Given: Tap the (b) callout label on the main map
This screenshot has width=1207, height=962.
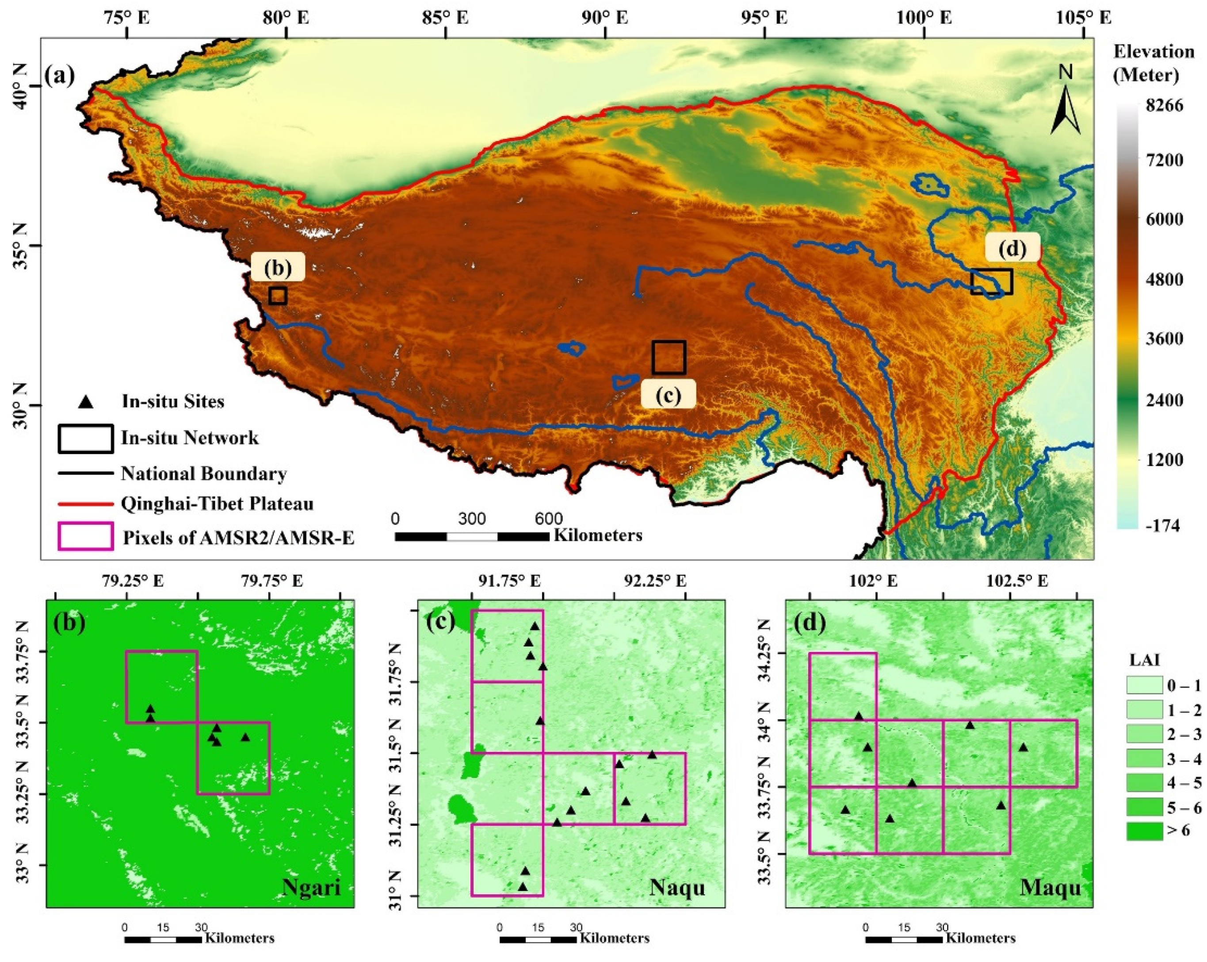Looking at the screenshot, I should tap(278, 268).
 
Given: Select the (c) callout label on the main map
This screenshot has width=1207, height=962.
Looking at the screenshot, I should tap(668, 394).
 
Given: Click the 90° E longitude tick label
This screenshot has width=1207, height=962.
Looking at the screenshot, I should tap(605, 18).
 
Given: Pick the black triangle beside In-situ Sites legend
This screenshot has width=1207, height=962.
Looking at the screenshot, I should tap(86, 401).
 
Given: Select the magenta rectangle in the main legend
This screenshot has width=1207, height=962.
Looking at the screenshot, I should tap(86, 536).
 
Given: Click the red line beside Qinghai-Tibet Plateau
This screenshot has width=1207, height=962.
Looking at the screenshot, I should tap(86, 504).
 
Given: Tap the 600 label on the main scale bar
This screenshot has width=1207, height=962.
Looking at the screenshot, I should tap(548, 518).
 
